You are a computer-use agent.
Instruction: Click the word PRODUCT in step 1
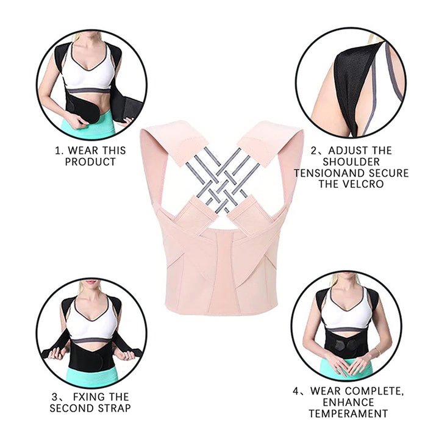(x=90, y=162)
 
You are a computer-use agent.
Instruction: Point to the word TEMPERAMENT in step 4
(x=348, y=413)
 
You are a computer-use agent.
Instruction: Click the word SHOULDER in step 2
(x=352, y=162)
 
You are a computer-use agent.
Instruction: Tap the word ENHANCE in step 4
(x=348, y=402)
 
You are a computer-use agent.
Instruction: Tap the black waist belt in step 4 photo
(x=346, y=344)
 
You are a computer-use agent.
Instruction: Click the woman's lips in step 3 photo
(x=91, y=282)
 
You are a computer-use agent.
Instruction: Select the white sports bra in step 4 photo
(x=346, y=314)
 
